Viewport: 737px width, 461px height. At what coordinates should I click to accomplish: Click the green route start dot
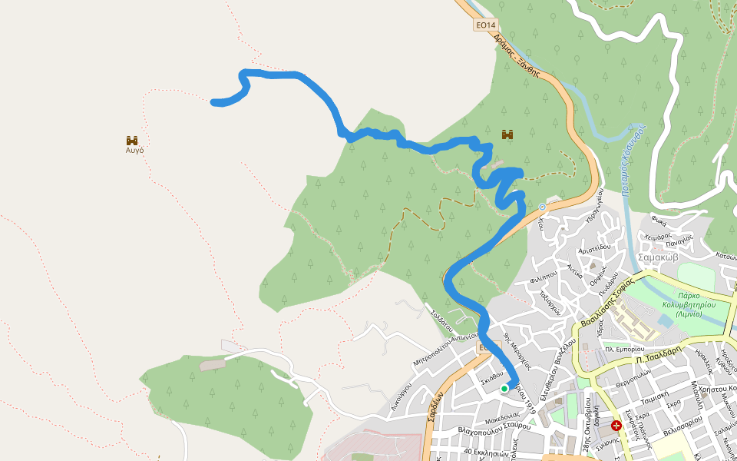(x=504, y=389)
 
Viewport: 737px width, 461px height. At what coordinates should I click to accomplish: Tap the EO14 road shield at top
(x=484, y=25)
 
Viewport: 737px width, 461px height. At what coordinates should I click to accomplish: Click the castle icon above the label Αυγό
(x=132, y=140)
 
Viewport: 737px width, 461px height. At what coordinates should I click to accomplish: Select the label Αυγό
(x=134, y=151)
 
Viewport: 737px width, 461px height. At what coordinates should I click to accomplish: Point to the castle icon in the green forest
(x=507, y=134)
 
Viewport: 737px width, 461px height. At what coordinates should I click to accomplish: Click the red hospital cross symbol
(x=616, y=425)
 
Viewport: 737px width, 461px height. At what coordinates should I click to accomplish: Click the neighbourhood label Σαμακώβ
(x=658, y=257)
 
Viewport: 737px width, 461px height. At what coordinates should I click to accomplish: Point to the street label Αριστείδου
(x=593, y=247)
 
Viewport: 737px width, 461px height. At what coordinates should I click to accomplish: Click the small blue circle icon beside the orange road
(x=542, y=207)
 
